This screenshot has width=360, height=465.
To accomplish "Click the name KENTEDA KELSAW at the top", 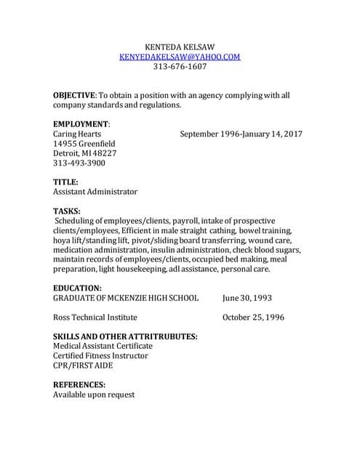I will point(180,46).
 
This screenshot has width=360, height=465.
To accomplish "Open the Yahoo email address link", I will point(180,56).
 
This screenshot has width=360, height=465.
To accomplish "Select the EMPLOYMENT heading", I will point(81,124).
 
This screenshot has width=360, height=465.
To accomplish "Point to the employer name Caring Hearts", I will point(79,134).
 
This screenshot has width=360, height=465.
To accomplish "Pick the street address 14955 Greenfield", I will point(84,144).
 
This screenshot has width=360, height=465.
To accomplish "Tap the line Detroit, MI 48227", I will point(84,153).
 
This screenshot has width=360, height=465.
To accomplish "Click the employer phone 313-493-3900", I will point(79,163).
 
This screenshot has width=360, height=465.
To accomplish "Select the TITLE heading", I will point(65,182).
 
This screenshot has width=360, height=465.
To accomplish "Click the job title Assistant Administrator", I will point(95,192).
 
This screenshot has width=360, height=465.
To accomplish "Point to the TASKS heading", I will point(66,211).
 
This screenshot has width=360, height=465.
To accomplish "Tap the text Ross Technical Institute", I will point(95,318).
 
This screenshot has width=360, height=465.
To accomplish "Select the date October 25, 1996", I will point(253,318).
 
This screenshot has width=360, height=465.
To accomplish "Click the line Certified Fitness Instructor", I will point(100,356).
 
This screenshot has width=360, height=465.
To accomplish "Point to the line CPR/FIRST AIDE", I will point(82,365).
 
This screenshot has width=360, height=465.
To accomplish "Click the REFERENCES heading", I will point(79,385).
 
